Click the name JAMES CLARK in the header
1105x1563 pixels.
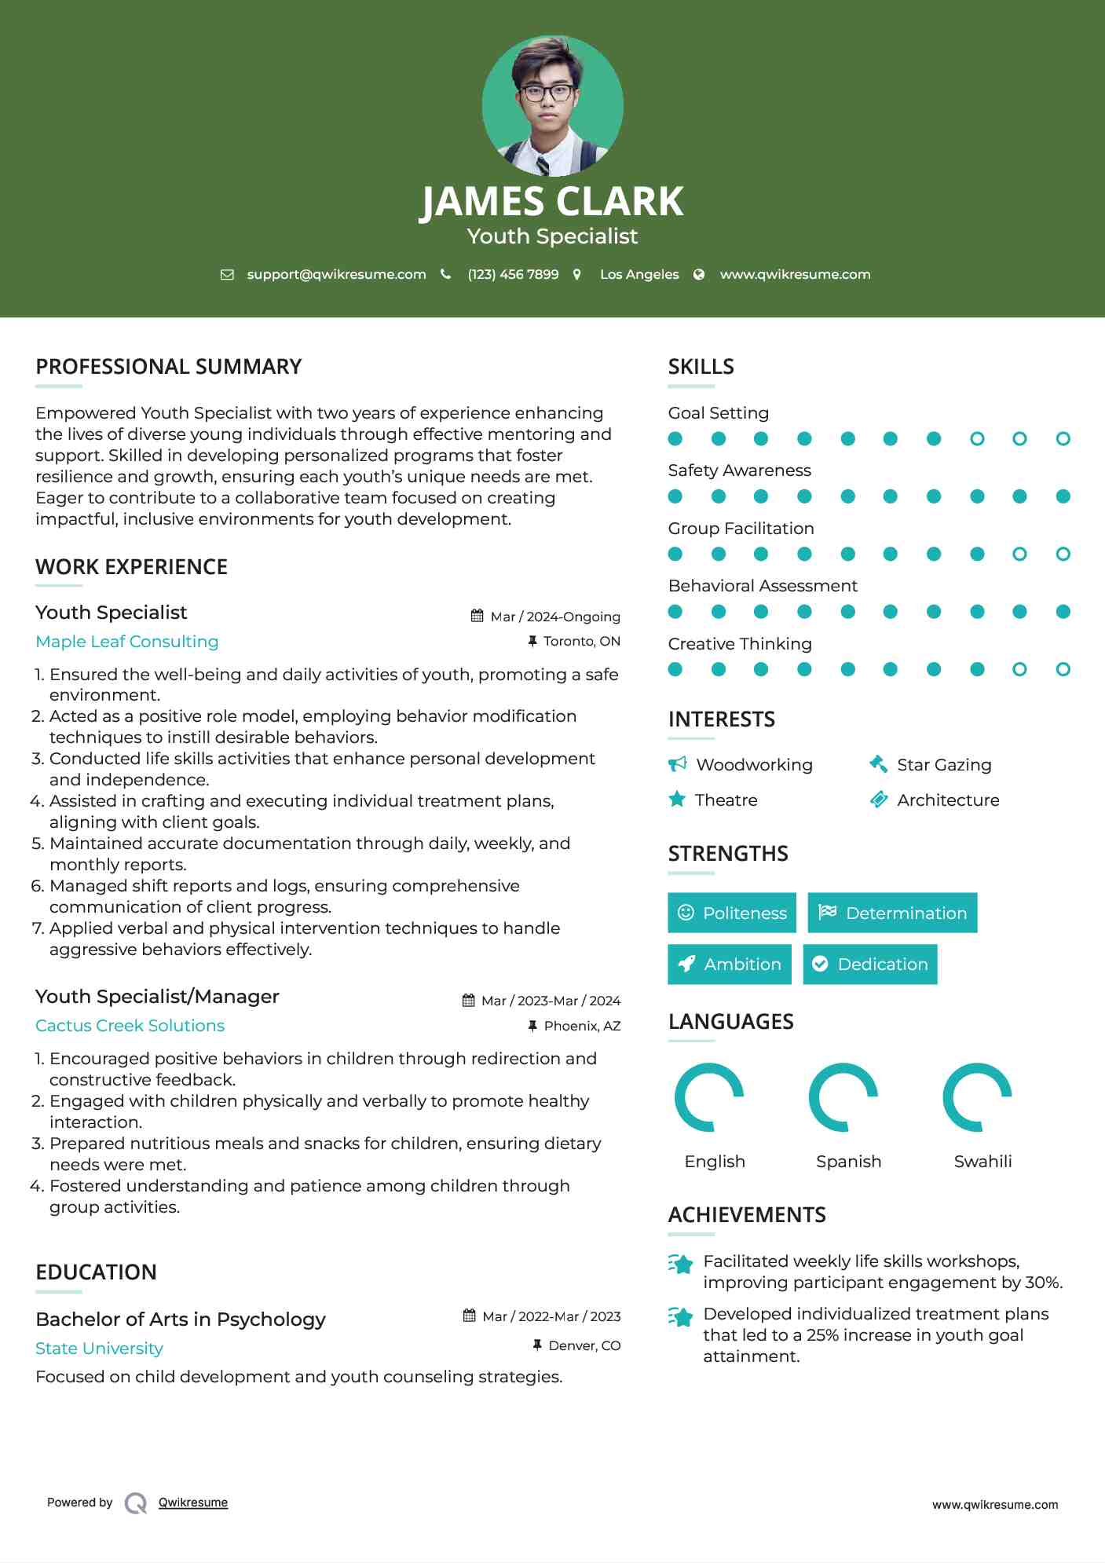(x=552, y=202)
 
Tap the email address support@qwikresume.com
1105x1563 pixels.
(x=336, y=274)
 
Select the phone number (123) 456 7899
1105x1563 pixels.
(x=513, y=274)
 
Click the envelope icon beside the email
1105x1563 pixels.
(x=227, y=274)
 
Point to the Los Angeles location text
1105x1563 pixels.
(x=639, y=274)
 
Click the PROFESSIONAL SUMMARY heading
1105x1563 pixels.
(x=169, y=367)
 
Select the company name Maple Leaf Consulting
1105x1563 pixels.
(x=127, y=642)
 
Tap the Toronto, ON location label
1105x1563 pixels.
(x=581, y=641)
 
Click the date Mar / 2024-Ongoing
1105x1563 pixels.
(x=554, y=617)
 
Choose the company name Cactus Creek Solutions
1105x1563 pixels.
(x=130, y=1026)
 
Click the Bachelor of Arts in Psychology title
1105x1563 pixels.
(x=181, y=1320)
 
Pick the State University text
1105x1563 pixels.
(x=100, y=1349)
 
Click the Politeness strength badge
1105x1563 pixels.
(x=732, y=913)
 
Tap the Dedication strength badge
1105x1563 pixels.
(x=870, y=965)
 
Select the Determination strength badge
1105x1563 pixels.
(x=892, y=913)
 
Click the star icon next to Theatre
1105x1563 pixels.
(x=677, y=800)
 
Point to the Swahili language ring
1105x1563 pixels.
(x=977, y=1097)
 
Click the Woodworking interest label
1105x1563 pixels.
(x=754, y=765)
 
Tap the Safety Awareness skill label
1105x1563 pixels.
(x=740, y=470)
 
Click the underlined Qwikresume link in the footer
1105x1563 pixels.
(x=193, y=1503)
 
